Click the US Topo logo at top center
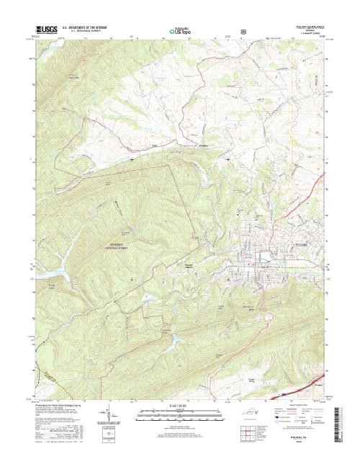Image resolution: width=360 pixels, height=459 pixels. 179,32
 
